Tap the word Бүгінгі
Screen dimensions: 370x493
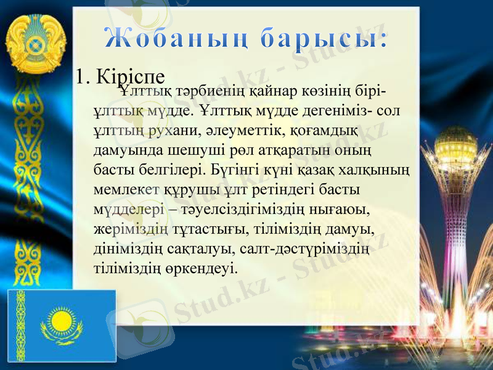point(237,168)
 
